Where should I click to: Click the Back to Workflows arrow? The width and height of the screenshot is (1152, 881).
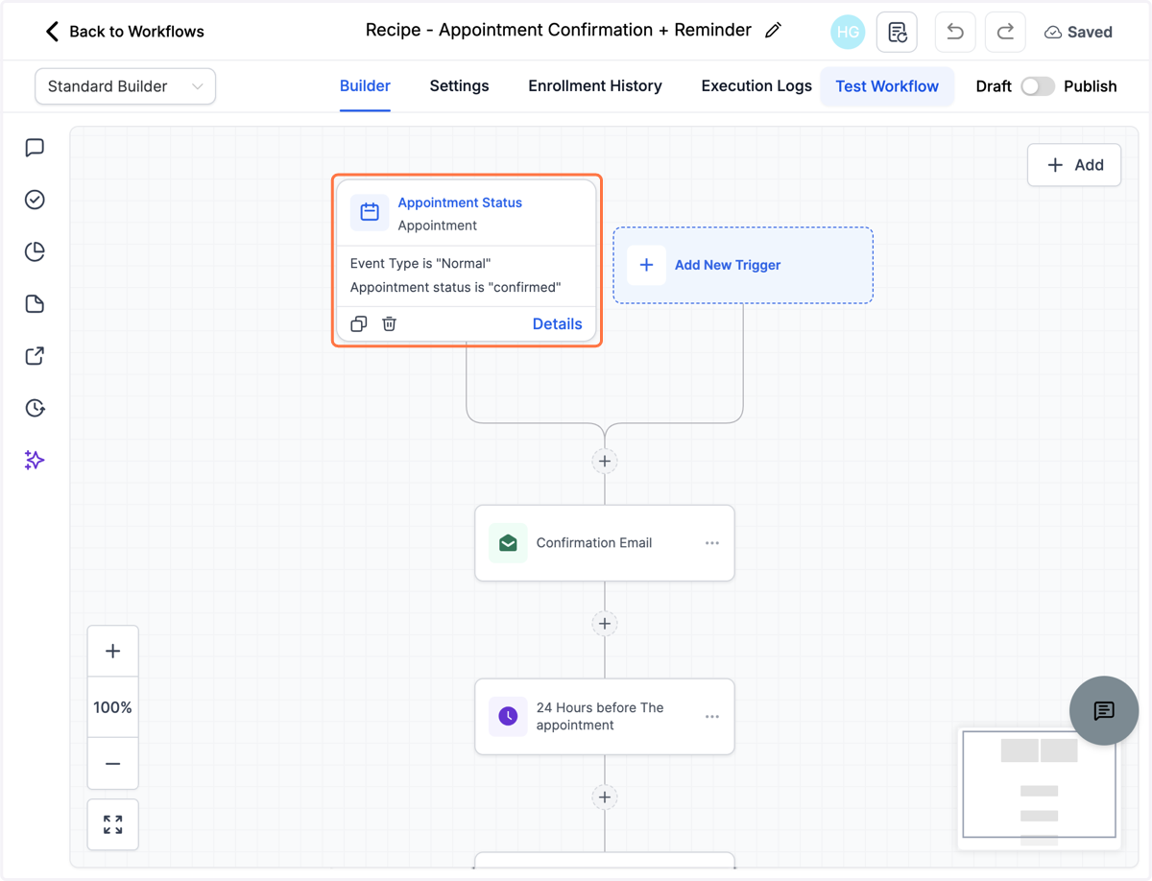click(52, 32)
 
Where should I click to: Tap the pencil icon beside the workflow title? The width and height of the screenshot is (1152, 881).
click(773, 31)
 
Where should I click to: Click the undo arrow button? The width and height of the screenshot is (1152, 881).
click(954, 32)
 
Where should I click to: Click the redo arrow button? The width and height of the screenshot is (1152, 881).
click(1005, 32)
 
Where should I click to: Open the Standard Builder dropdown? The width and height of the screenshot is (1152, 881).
click(126, 86)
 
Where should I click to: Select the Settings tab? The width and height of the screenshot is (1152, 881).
click(459, 86)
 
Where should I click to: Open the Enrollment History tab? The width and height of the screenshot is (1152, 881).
click(594, 86)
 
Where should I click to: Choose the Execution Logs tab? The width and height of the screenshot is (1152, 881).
click(756, 86)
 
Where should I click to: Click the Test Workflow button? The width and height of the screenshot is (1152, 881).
click(887, 86)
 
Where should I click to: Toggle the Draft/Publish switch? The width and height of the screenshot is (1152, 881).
click(1038, 86)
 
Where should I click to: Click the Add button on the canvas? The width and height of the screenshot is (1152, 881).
click(1074, 165)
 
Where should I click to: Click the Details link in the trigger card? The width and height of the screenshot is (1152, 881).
click(557, 323)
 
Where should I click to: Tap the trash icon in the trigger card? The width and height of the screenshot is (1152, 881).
click(389, 323)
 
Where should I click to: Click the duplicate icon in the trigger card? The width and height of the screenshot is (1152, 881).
click(359, 323)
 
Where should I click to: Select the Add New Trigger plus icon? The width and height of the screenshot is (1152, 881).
click(647, 265)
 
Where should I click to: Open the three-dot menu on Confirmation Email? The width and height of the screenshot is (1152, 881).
click(712, 543)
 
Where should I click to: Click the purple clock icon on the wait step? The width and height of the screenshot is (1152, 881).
click(508, 716)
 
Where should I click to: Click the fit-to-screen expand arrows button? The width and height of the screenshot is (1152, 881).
click(113, 824)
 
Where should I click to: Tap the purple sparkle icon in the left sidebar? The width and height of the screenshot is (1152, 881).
click(35, 461)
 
